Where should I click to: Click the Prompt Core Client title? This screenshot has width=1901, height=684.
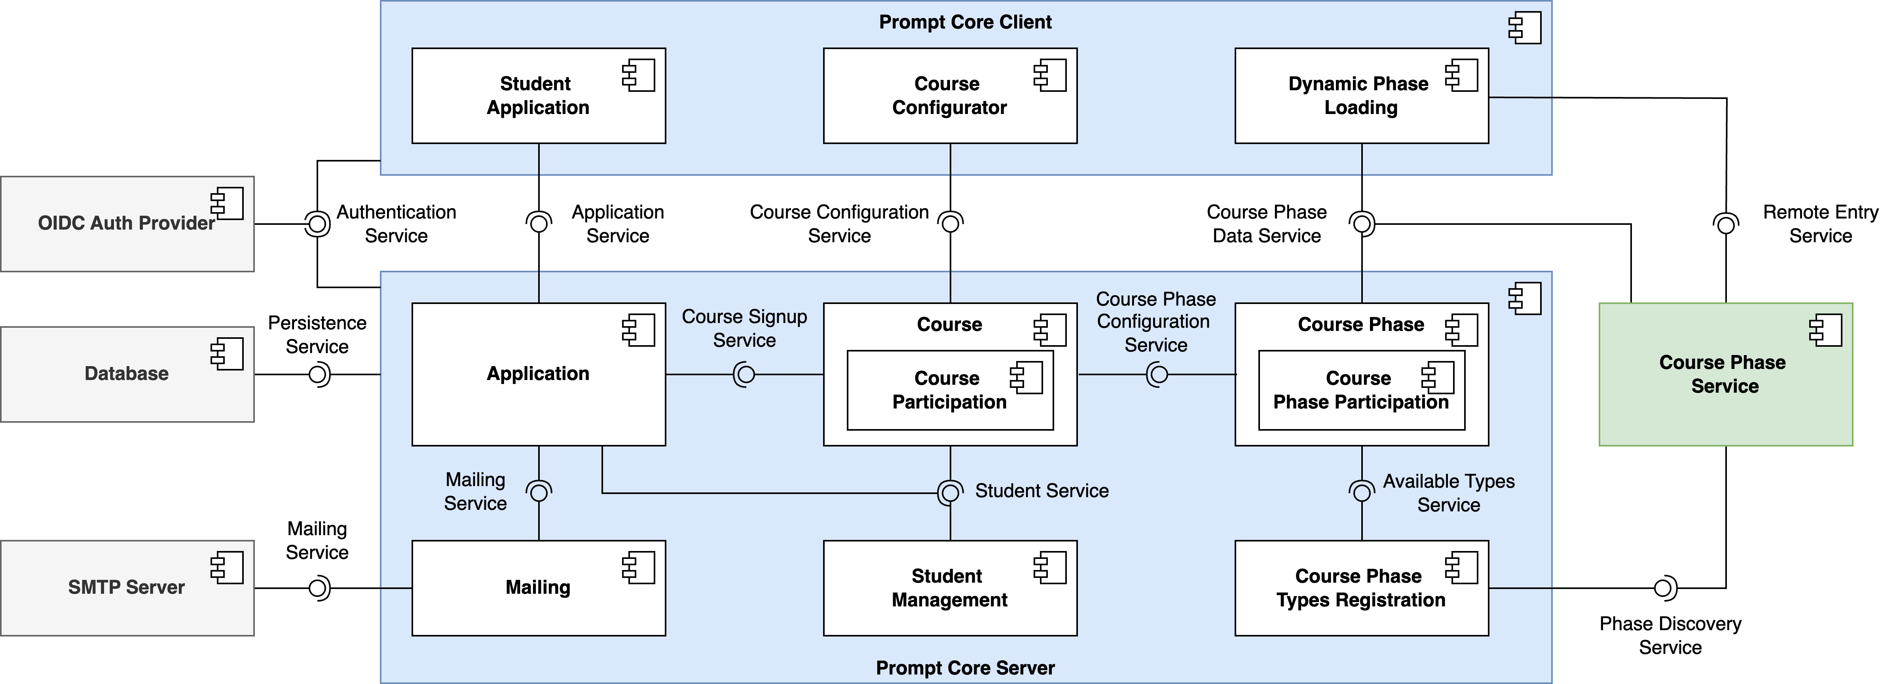(965, 22)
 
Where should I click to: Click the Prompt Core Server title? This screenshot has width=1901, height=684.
(965, 668)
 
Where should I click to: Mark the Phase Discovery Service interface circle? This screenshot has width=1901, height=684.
(1664, 588)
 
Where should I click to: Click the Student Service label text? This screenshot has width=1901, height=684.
(1041, 491)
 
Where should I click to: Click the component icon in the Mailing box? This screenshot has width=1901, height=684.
(638, 567)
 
